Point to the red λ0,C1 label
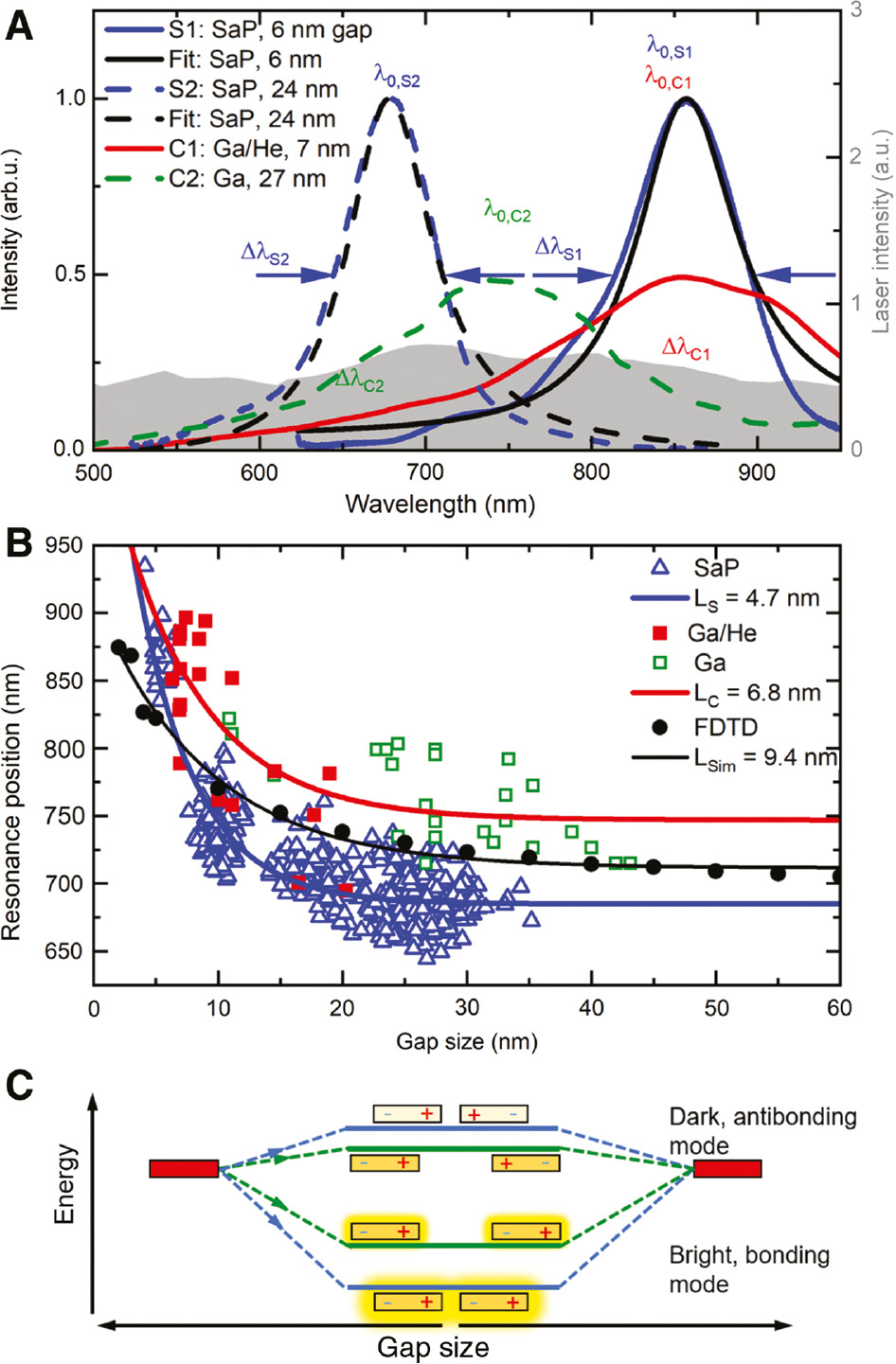[x=669, y=79]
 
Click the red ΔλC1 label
[x=686, y=349]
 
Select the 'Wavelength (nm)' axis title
[x=439, y=504]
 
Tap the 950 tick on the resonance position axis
[x=63, y=545]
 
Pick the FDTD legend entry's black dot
[x=661, y=727]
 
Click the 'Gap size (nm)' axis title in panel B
[x=466, y=1042]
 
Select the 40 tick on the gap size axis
[x=592, y=1008]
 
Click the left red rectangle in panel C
[x=184, y=1169]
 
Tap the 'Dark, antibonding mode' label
[x=762, y=1131]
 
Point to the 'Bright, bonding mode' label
[x=749, y=1269]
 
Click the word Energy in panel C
[x=64, y=1184]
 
